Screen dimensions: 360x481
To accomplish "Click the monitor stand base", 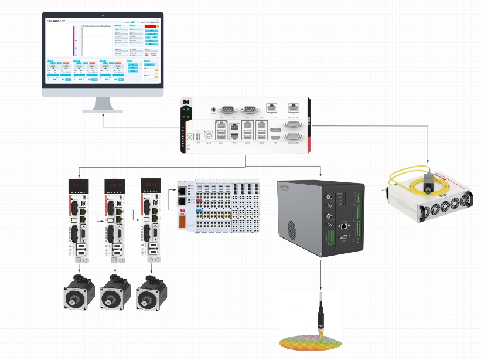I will pos(103,110).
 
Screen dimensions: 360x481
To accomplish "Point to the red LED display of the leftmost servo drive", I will pos(79,185).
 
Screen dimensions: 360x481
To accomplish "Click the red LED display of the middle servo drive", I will pos(114,185).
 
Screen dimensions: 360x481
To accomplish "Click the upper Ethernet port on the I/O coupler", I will pos(183,191).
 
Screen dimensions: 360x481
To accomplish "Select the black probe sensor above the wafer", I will pos(320,317).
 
